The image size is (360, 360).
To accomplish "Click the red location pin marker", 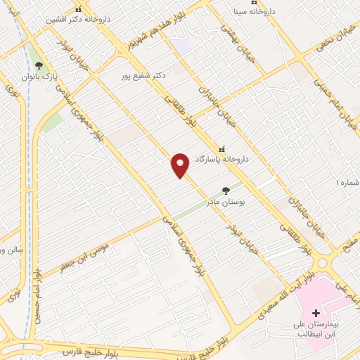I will tap(181, 165).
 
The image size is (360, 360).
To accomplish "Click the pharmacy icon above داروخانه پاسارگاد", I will tap(223, 149).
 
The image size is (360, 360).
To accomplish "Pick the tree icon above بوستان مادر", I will tap(226, 190).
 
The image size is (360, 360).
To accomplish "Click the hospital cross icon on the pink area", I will tap(315, 313).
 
